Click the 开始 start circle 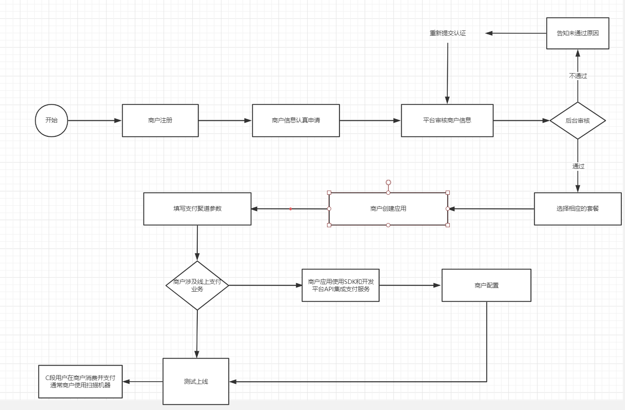[51, 120]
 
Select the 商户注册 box [160, 120]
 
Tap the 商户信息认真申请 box [295, 120]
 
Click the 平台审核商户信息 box [447, 120]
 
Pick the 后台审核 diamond [577, 121]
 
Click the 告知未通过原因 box [577, 33]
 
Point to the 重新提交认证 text [448, 33]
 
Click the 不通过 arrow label [578, 76]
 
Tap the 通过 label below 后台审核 [578, 166]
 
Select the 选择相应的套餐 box [577, 209]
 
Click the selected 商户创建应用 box [388, 209]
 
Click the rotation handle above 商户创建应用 [388, 182]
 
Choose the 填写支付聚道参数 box [197, 209]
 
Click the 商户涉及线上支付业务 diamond [197, 286]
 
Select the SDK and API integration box [341, 286]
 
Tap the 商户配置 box [486, 286]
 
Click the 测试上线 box [196, 382]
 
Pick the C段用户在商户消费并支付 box [80, 382]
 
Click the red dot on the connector [291, 209]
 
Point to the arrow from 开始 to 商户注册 [94, 121]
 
